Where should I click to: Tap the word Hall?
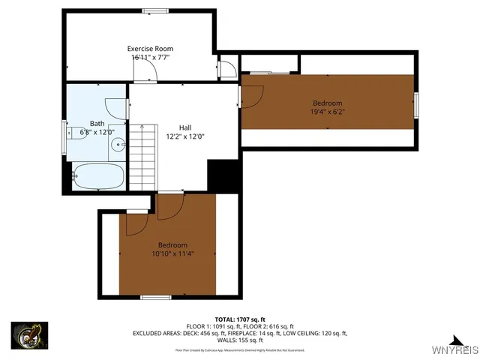[x=185, y=127]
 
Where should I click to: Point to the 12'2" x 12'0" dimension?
[x=185, y=136]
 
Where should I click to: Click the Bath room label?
[x=97, y=124]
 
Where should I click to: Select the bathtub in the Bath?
[x=99, y=176]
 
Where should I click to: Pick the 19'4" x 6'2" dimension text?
[x=327, y=112]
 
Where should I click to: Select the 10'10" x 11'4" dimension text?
[x=172, y=254]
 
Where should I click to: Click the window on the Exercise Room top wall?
[x=155, y=10]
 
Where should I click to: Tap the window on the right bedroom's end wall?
[x=416, y=105]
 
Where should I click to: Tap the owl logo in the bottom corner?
[x=29, y=334]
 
